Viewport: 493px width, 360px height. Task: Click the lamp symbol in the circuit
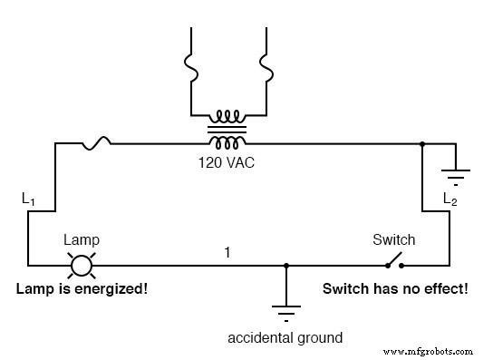[82, 266]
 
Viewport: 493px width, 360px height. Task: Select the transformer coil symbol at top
[227, 130]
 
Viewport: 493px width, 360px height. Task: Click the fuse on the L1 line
[97, 141]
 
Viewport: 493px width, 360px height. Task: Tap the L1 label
[30, 197]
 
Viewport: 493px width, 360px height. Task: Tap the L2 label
[449, 198]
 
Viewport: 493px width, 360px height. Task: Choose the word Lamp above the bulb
[82, 240]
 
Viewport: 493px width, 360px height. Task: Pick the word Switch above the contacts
[394, 240]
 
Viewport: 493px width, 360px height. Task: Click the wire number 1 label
[228, 251]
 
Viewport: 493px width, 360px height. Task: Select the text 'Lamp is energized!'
[81, 290]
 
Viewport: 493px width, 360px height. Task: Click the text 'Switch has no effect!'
[395, 290]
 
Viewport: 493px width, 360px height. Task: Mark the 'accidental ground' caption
[285, 338]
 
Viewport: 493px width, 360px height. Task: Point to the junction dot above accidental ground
[286, 266]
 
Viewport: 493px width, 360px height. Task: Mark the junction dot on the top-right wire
[422, 142]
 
